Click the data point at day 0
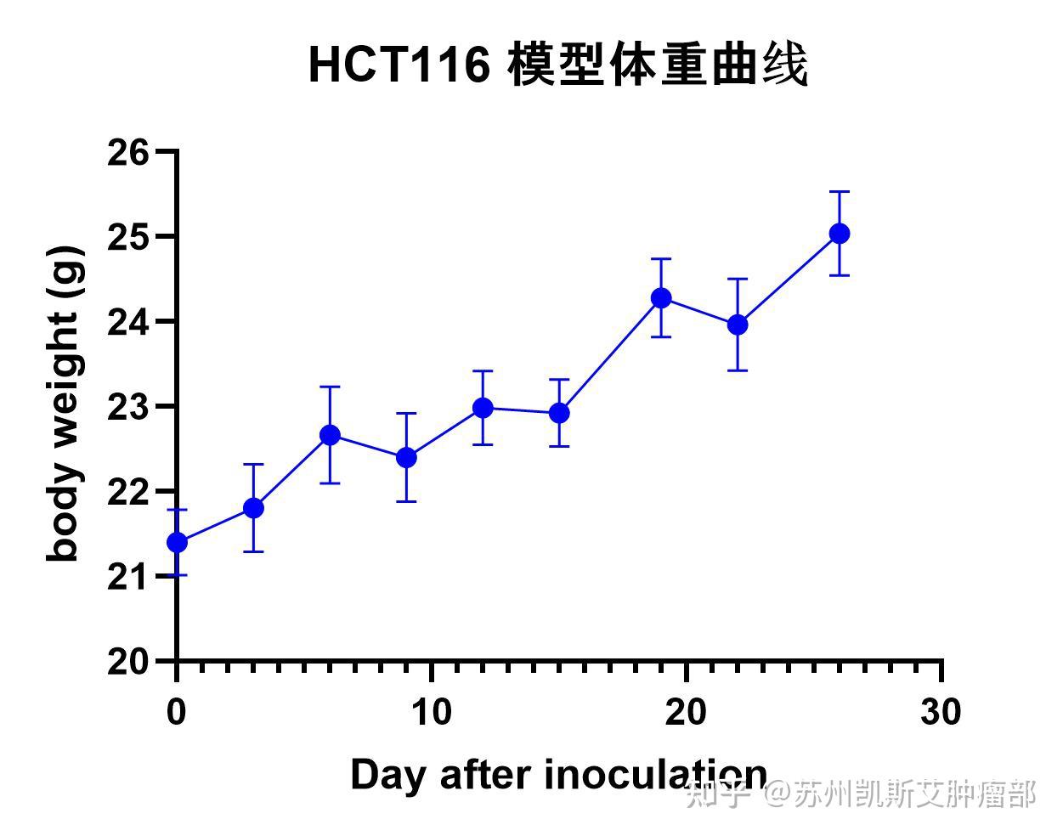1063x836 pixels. pyautogui.click(x=177, y=542)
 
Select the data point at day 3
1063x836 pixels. pyautogui.click(x=253, y=508)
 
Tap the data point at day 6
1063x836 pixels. pyautogui.click(x=330, y=435)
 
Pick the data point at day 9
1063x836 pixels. pyautogui.click(x=406, y=458)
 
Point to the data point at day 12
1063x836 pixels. pyautogui.click(x=483, y=408)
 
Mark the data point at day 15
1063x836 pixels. pyautogui.click(x=559, y=413)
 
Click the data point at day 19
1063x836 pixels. pyautogui.click(x=661, y=298)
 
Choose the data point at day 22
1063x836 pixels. pyautogui.click(x=738, y=325)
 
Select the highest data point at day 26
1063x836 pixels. pyautogui.click(x=840, y=234)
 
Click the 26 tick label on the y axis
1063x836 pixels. pyautogui.click(x=128, y=153)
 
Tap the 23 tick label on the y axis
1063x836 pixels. pyautogui.click(x=128, y=407)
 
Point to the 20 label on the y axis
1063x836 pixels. pyautogui.click(x=128, y=662)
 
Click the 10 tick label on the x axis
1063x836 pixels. pyautogui.click(x=432, y=712)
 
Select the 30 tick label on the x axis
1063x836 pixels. pyautogui.click(x=941, y=712)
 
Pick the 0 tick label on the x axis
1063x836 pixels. pyautogui.click(x=177, y=712)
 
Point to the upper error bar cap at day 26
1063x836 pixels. pyautogui.click(x=840, y=192)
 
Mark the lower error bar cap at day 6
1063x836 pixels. pyautogui.click(x=330, y=483)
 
